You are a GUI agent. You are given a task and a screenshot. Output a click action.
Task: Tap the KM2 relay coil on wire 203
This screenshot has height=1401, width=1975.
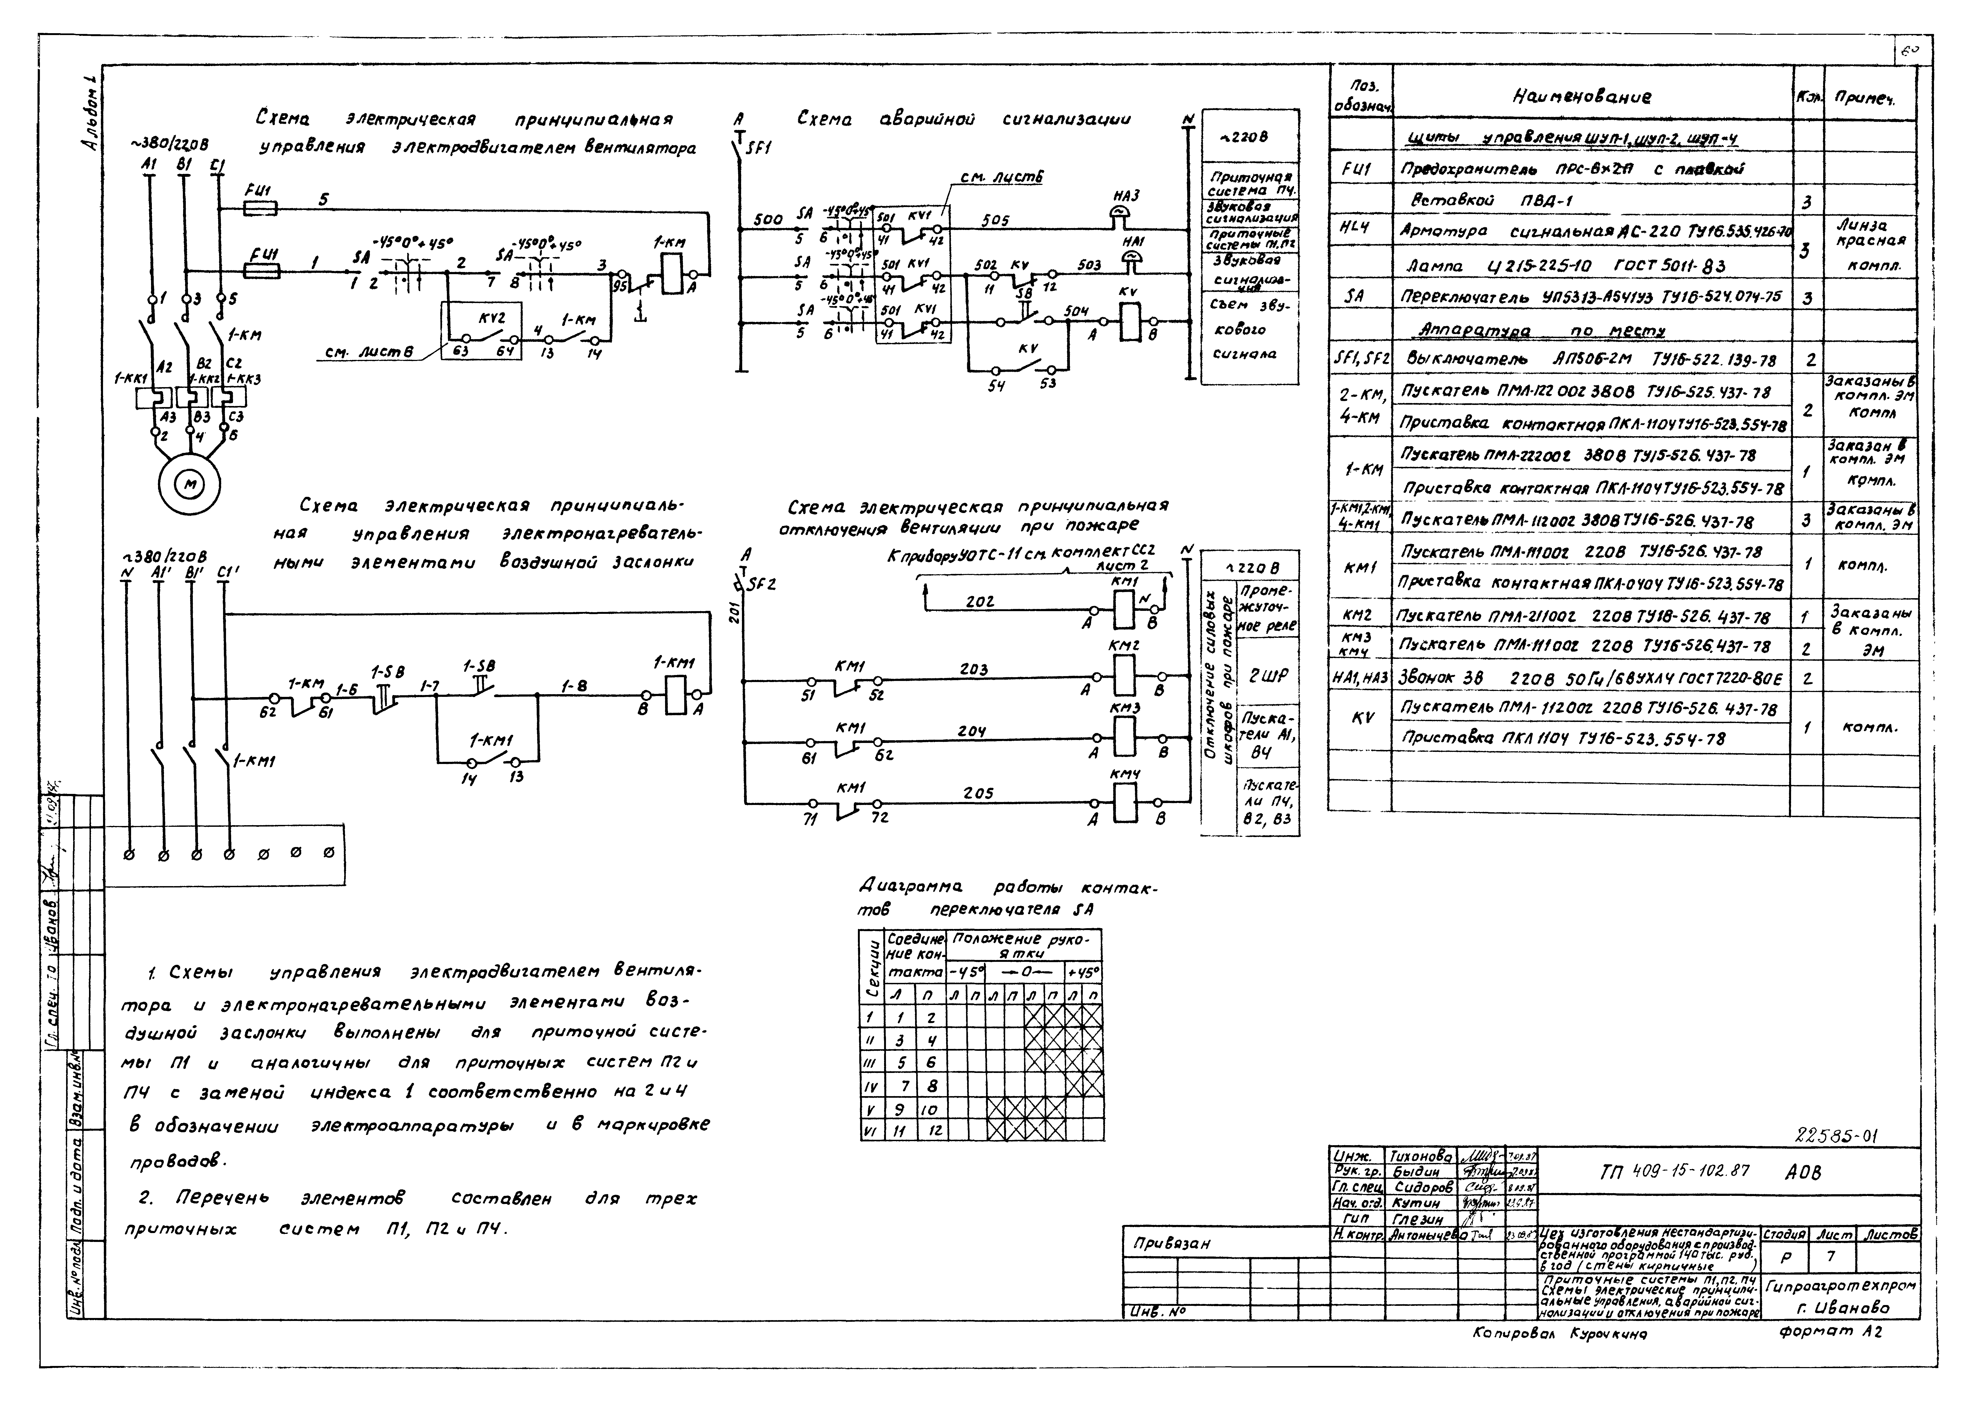coord(1123,676)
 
